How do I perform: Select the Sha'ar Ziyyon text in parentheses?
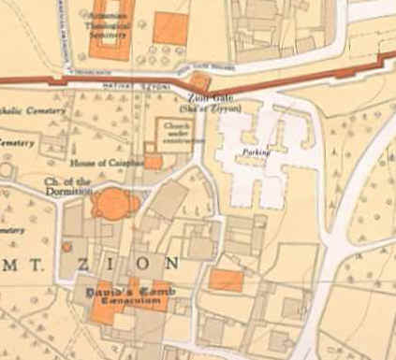(222, 107)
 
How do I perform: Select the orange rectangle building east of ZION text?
(226, 279)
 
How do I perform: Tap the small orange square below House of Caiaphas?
(153, 161)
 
